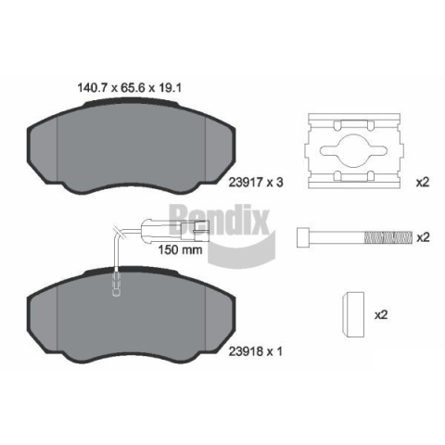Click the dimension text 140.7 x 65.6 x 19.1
tap(129, 88)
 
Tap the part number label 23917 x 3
tap(256, 183)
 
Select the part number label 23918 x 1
tap(255, 351)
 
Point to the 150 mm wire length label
tap(180, 249)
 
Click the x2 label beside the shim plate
tap(423, 183)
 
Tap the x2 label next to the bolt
tap(423, 237)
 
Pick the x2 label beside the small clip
tap(381, 315)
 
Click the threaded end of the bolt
tap(388, 237)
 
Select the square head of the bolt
tap(303, 237)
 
